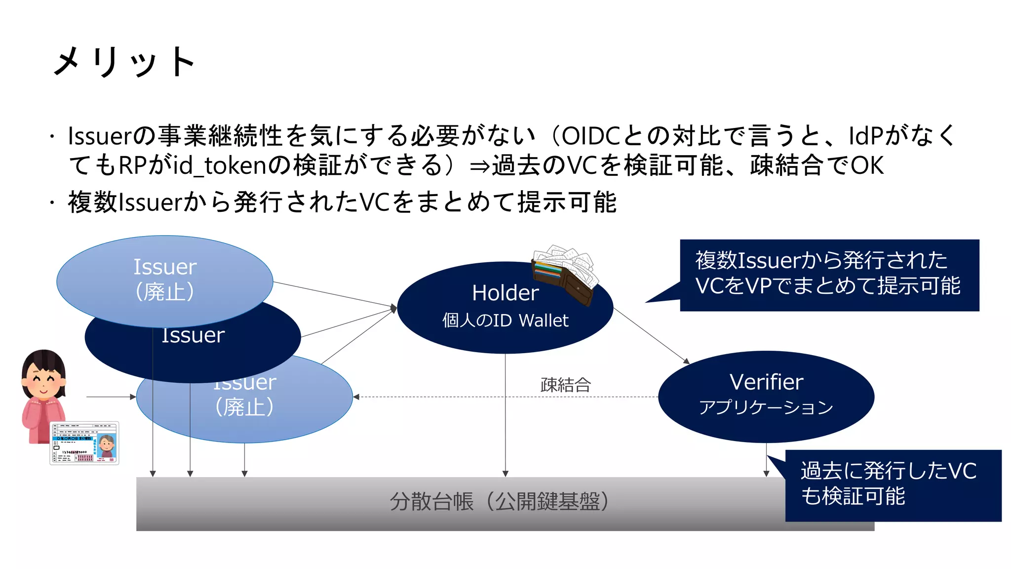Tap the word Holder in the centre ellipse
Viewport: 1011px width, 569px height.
pos(505,293)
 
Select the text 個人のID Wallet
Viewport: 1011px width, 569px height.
pos(505,321)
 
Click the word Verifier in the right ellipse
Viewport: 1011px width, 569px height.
pos(766,382)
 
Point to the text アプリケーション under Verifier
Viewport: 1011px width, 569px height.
pos(766,407)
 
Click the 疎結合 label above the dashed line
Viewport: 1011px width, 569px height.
pos(566,385)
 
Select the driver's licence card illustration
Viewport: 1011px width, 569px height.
pos(84,443)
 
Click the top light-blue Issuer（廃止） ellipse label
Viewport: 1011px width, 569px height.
pos(165,279)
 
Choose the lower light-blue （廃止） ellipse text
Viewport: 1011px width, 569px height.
pos(244,407)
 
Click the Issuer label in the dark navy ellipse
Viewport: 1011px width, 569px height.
pos(193,336)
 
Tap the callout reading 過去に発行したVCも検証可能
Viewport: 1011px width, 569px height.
pos(889,484)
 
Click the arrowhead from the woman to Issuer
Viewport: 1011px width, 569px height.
pos(133,397)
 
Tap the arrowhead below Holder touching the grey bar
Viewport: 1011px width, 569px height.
pos(505,473)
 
